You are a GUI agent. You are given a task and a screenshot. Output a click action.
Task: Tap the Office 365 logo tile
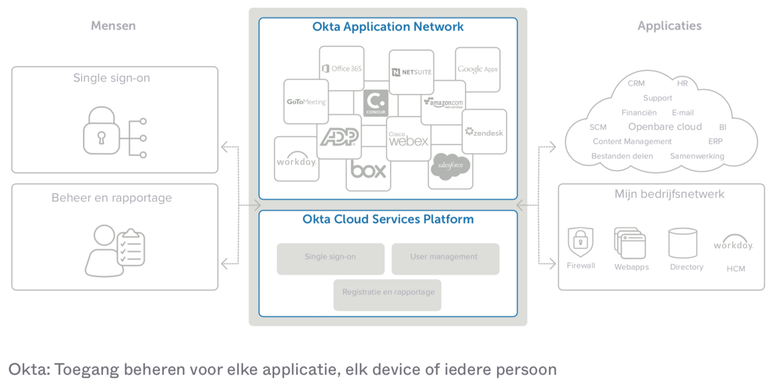[342, 69]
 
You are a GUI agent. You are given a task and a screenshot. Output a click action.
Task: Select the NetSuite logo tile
[411, 72]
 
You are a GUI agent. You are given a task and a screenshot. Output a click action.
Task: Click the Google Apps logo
[478, 69]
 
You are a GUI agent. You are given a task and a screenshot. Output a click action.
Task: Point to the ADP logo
[339, 137]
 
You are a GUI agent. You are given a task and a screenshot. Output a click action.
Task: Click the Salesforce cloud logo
[450, 166]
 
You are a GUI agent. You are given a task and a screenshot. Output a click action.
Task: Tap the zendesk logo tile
[484, 132]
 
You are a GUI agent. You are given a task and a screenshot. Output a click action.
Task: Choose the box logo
[368, 170]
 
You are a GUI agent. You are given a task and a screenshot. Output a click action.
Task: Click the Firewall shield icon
[581, 242]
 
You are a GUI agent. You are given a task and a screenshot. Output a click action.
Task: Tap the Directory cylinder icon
[682, 243]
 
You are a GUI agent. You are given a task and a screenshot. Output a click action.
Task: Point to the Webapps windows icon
[630, 244]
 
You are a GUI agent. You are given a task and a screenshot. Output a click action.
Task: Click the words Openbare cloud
[665, 127]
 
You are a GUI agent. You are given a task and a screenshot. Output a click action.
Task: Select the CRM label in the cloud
[636, 83]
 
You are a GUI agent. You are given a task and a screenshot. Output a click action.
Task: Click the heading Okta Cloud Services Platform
[388, 219]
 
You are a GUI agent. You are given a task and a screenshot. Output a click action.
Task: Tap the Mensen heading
[113, 26]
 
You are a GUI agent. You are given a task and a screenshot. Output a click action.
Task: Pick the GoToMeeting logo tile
[306, 102]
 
